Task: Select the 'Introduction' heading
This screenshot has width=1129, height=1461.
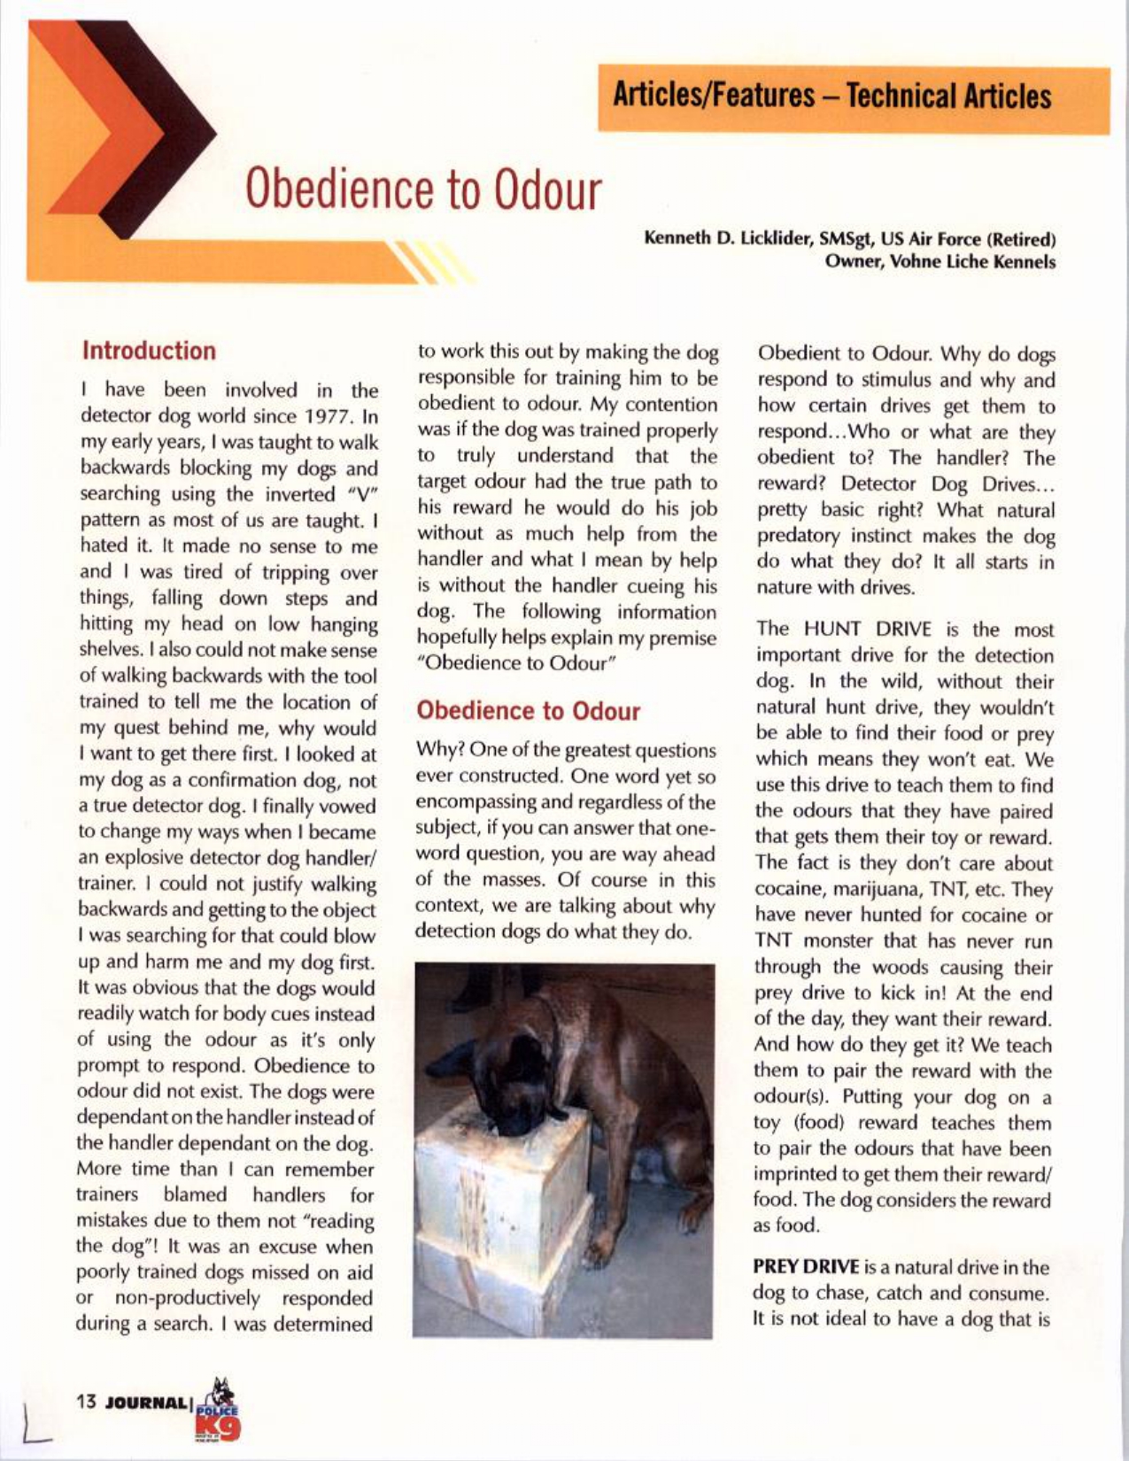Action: pyautogui.click(x=149, y=351)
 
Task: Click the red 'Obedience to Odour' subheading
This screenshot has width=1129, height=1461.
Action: pyautogui.click(x=528, y=711)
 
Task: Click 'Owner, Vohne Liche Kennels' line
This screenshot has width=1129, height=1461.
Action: pyautogui.click(x=940, y=262)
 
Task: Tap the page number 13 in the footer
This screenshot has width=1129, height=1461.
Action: pyautogui.click(x=86, y=1402)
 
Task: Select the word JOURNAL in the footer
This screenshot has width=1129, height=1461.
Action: pyautogui.click(x=146, y=1403)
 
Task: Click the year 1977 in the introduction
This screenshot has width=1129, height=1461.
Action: pyautogui.click(x=331, y=416)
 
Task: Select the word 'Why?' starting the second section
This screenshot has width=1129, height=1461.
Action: pyautogui.click(x=435, y=751)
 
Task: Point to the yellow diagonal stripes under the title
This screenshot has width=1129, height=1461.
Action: pyautogui.click(x=434, y=262)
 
